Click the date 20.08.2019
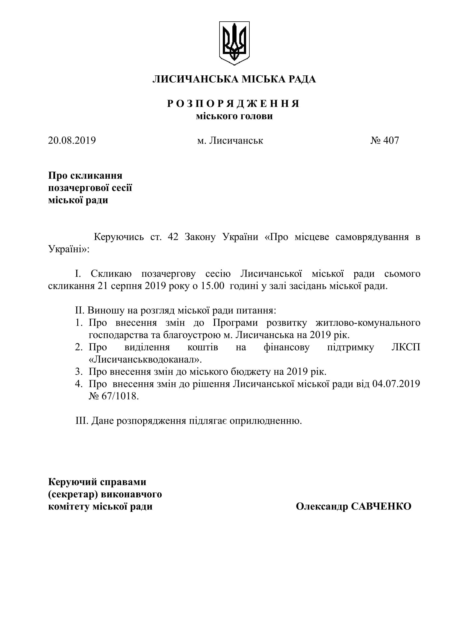tap(72, 140)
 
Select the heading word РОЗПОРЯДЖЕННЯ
tap(234, 104)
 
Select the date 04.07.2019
tap(396, 384)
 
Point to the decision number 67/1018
tap(119, 396)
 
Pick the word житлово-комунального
tap(368, 323)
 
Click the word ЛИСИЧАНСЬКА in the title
tap(195, 79)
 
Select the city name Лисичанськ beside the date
tap(236, 140)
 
